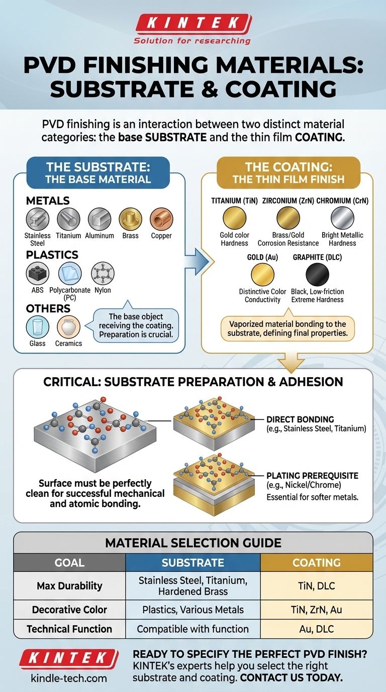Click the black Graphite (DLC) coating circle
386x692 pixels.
click(317, 275)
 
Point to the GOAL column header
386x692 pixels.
click(69, 563)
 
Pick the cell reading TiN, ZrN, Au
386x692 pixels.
click(316, 610)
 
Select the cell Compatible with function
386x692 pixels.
click(192, 629)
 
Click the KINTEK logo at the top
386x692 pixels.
click(193, 23)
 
